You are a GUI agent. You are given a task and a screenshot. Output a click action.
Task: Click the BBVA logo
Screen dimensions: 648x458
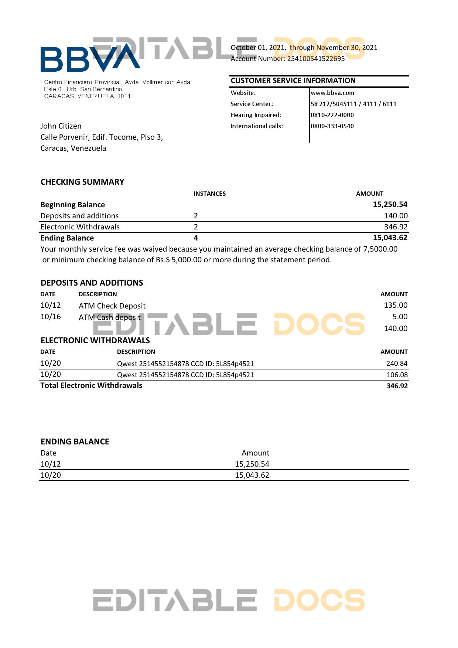click(x=90, y=58)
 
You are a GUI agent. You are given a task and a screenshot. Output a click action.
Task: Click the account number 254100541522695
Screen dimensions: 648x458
click(x=316, y=59)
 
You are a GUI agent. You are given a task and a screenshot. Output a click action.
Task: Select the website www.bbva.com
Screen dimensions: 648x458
click(x=332, y=93)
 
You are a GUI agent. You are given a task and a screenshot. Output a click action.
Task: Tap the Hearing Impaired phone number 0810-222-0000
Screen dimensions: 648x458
click(x=332, y=115)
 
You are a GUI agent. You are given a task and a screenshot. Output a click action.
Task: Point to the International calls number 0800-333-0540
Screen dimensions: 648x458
click(x=332, y=126)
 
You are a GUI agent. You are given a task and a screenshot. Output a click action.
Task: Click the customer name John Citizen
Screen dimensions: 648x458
click(x=61, y=126)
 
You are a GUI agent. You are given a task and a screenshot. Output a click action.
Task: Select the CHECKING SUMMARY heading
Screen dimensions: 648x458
click(x=82, y=182)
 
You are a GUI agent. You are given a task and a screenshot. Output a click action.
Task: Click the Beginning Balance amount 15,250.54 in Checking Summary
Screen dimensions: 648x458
click(x=390, y=204)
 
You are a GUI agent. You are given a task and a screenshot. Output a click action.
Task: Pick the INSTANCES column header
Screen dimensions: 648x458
click(x=209, y=194)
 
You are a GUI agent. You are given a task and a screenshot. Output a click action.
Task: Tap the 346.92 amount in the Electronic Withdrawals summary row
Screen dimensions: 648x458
click(x=396, y=227)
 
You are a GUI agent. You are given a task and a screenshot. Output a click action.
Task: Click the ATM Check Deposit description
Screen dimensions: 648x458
click(x=112, y=306)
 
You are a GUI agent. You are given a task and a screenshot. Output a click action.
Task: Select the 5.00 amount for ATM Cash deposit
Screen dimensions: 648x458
click(x=400, y=317)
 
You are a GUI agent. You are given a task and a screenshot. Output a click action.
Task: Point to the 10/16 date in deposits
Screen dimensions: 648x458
click(x=51, y=317)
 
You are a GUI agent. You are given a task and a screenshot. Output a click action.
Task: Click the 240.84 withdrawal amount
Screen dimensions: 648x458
click(x=397, y=364)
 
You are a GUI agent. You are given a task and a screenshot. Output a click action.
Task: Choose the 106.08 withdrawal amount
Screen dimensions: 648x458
click(x=397, y=375)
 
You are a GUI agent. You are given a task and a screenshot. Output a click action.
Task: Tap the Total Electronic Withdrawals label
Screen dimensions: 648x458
click(x=91, y=385)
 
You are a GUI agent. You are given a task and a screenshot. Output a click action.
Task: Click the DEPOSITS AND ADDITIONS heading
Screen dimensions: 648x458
click(x=92, y=283)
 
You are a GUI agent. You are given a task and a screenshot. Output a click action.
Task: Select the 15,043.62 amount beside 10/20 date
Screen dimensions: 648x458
click(x=252, y=475)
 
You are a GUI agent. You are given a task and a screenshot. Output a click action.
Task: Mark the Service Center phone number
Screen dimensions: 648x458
click(x=353, y=104)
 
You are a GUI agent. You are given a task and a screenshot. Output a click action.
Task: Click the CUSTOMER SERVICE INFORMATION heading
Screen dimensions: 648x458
click(x=293, y=81)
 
